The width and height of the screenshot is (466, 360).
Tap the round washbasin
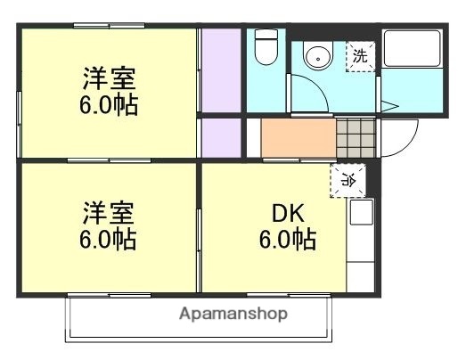point(315,57)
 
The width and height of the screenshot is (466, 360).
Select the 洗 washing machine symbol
point(361,56)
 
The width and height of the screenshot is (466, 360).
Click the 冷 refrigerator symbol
point(348,180)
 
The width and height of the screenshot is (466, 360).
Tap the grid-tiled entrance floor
point(356,138)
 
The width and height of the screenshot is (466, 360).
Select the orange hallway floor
point(298,138)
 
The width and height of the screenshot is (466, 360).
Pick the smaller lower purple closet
point(220,137)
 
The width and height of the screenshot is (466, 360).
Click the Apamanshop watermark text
point(233,314)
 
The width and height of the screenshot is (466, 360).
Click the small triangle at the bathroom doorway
point(388,107)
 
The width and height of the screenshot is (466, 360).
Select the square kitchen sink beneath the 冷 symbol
point(361,214)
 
